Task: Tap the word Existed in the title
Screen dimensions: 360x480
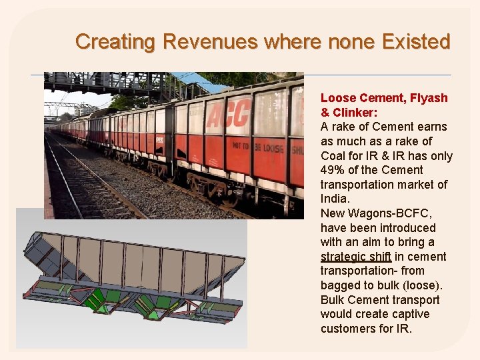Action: (x=417, y=42)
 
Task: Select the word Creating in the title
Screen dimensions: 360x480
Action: (x=115, y=42)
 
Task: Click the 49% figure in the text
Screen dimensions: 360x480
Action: (x=333, y=170)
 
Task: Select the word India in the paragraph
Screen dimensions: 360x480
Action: (x=333, y=199)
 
